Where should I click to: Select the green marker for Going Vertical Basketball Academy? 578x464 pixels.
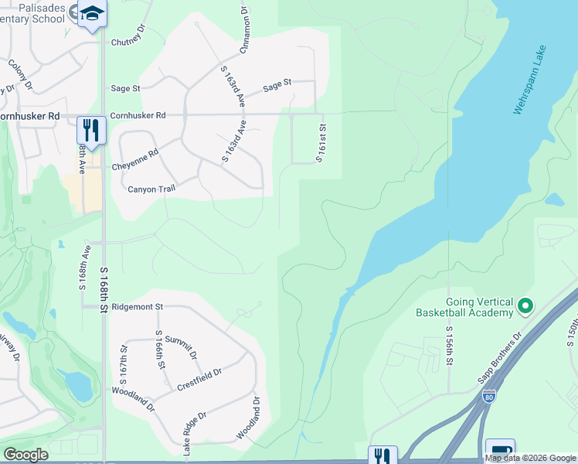525,306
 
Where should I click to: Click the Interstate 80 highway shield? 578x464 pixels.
488,396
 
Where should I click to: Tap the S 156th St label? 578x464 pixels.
448,347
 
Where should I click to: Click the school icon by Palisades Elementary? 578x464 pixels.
92,14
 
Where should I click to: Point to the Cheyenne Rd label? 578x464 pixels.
134,165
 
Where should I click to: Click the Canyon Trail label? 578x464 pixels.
151,189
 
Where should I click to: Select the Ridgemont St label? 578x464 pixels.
137,307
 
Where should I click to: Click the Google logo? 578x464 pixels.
25,454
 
